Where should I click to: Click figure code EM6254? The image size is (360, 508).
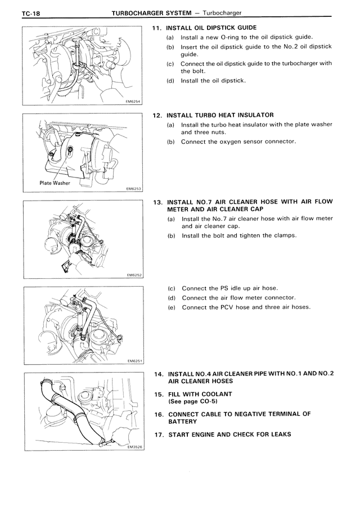[133, 101]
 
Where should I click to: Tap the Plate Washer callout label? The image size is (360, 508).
[55, 183]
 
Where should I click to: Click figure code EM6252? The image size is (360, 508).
[133, 275]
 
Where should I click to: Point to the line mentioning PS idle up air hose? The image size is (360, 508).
[229, 288]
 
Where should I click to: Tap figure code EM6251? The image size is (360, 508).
[133, 361]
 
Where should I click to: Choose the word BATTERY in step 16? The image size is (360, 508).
[182, 421]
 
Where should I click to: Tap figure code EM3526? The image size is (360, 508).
[133, 448]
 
